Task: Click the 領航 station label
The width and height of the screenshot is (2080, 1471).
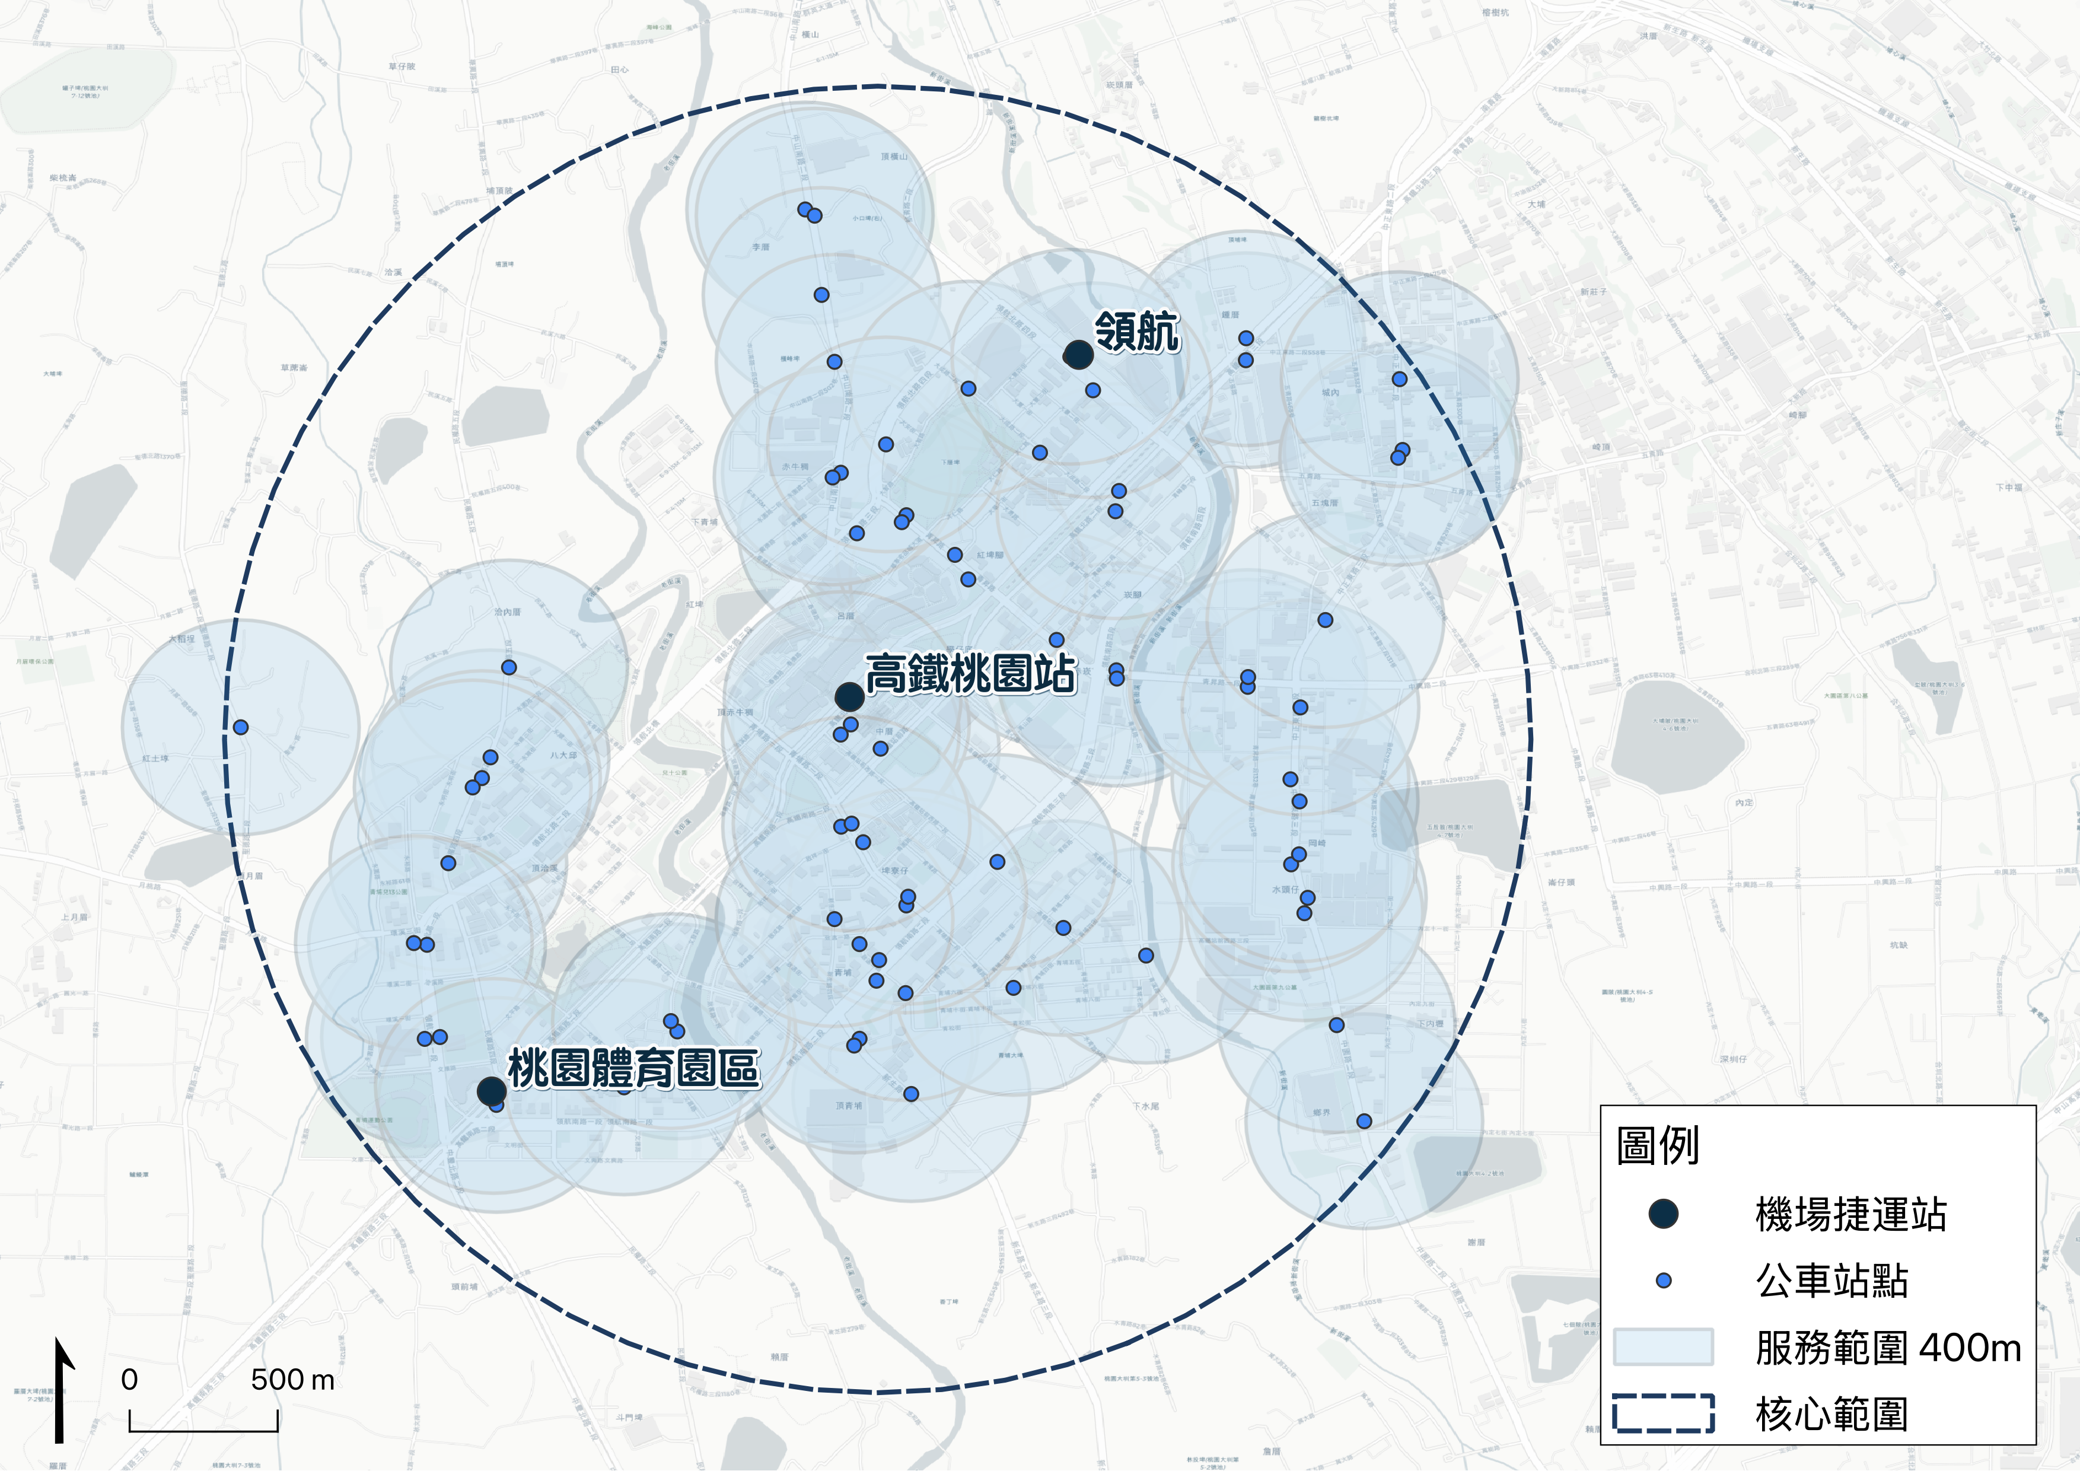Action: coord(1137,332)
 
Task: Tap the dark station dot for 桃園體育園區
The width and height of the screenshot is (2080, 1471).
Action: coord(491,1091)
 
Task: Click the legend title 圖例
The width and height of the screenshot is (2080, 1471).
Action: coord(1657,1146)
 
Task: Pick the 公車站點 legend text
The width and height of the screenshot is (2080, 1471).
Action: coord(1831,1281)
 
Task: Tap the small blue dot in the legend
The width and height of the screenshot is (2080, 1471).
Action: coord(1663,1281)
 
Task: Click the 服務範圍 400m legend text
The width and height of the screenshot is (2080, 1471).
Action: coord(1888,1348)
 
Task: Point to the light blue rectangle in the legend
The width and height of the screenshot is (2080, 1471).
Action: coord(1663,1347)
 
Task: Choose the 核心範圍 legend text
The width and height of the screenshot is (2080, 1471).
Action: coord(1831,1414)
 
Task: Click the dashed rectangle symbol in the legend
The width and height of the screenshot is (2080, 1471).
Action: coord(1663,1414)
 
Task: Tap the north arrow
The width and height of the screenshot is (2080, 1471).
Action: coord(60,1390)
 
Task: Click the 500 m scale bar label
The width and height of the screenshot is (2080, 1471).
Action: coord(292,1380)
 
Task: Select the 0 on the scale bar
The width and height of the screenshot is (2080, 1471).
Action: coord(129,1380)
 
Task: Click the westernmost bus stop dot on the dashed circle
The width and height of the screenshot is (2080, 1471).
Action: coord(241,727)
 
